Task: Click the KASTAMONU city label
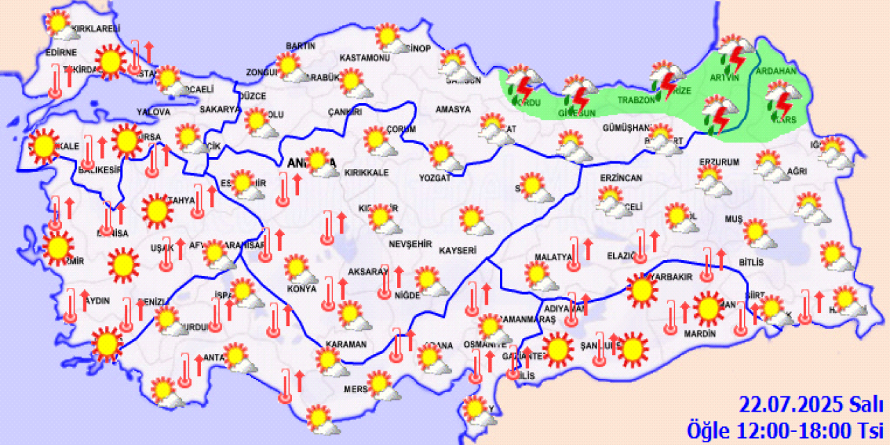pyautogui.click(x=364, y=58)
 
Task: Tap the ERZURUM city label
pyautogui.click(x=718, y=162)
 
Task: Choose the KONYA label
pyautogui.click(x=301, y=288)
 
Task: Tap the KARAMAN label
pyautogui.click(x=345, y=344)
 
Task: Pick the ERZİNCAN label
pyautogui.click(x=622, y=179)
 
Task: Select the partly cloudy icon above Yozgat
pyautogui.click(x=444, y=156)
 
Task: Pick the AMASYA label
pyautogui.click(x=452, y=109)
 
